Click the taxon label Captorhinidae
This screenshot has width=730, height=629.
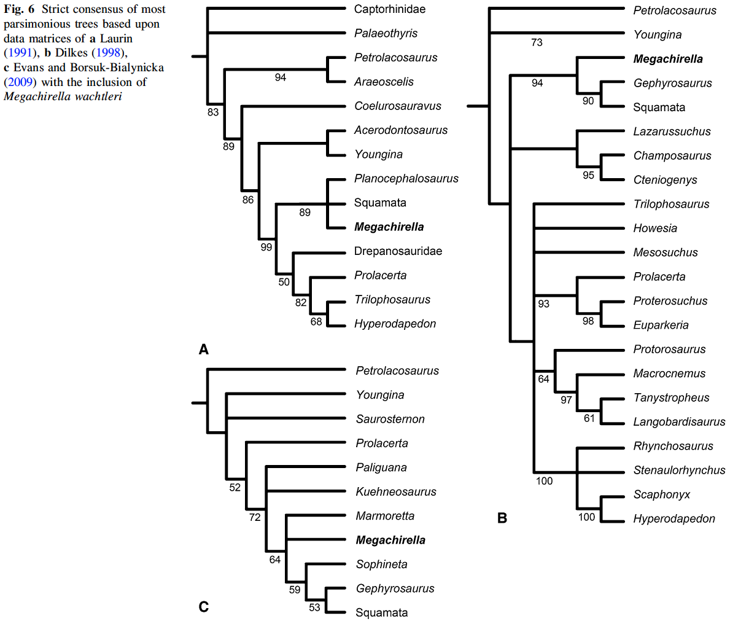389,9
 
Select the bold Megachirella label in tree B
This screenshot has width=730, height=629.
668,59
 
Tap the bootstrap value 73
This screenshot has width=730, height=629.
537,42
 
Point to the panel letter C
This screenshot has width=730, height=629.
204,607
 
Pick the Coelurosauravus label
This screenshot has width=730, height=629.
397,106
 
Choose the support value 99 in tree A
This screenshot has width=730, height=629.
266,247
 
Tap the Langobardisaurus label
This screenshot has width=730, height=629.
679,422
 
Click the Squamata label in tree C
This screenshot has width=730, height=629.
381,612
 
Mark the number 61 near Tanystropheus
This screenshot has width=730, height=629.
589,418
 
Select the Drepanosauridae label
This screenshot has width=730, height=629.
398,251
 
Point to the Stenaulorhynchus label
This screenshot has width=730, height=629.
679,471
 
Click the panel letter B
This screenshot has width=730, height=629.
502,518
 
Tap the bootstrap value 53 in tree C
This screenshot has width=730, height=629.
314,608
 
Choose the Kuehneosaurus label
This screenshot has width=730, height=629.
396,492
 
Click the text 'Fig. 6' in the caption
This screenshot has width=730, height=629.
19,9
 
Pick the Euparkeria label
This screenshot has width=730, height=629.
661,326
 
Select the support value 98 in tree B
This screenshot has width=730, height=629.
588,321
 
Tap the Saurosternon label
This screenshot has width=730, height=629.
390,420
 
